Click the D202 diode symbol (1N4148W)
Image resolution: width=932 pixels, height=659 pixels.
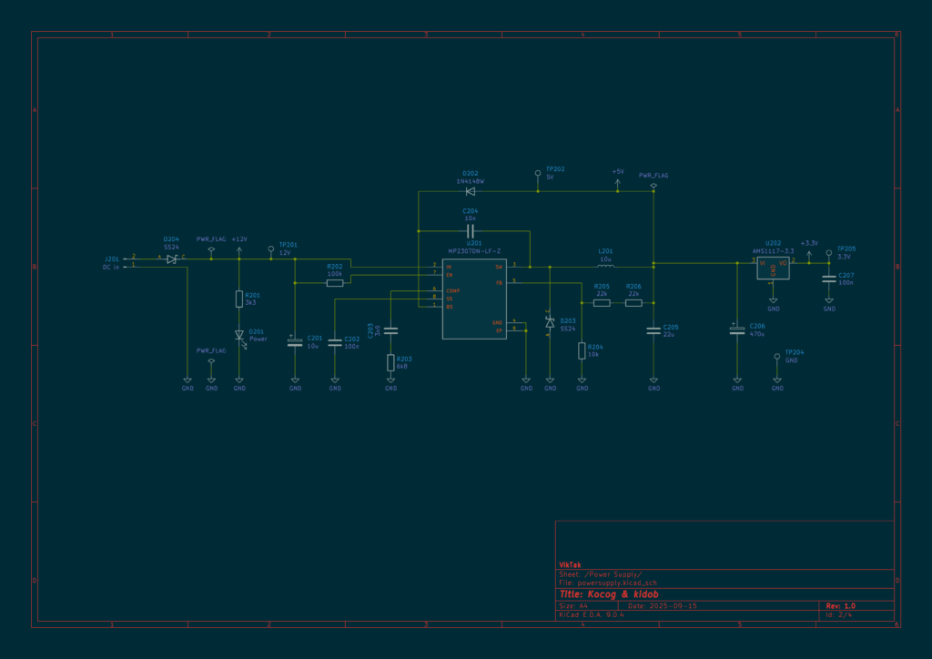click(x=471, y=191)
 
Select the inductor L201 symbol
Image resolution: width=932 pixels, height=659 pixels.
click(x=605, y=267)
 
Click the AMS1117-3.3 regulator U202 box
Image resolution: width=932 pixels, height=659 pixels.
click(x=773, y=267)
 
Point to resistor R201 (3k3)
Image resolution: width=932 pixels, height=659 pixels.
click(x=239, y=299)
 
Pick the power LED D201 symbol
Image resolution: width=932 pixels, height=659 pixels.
click(x=239, y=335)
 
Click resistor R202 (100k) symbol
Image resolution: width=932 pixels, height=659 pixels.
click(x=335, y=283)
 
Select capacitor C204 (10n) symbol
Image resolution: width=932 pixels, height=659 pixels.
click(x=471, y=230)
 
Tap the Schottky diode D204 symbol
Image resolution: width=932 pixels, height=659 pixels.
click(x=171, y=259)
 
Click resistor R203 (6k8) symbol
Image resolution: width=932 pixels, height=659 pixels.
click(x=390, y=362)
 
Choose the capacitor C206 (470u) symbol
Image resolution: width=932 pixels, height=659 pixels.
click(x=737, y=329)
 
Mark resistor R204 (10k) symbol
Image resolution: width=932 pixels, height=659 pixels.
click(x=582, y=350)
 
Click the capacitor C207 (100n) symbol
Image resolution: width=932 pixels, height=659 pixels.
click(x=828, y=279)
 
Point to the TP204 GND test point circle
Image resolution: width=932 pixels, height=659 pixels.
click(x=777, y=357)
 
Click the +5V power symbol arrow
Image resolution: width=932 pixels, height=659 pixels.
click(x=618, y=182)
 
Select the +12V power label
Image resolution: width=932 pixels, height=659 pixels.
click(x=238, y=238)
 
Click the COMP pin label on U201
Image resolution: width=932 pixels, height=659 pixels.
click(x=452, y=290)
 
